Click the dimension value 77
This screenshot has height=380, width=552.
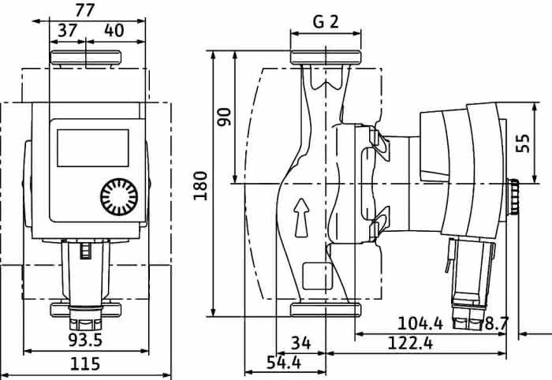coord(85,9)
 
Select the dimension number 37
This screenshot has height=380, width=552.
coord(67,31)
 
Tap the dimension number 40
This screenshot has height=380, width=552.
coord(114,31)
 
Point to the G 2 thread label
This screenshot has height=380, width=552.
coord(326,22)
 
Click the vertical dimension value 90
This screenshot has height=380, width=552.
coord(224,117)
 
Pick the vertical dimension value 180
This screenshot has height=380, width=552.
coord(200,185)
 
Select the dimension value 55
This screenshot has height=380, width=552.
coord(523,143)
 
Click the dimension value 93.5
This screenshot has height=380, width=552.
coord(85,340)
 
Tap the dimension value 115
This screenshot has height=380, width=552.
coord(85,363)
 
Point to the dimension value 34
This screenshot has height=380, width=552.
coord(301,343)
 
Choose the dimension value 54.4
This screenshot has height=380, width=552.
coord(284,363)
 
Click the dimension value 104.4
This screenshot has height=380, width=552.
coord(420,323)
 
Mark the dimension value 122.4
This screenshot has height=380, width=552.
coord(410,343)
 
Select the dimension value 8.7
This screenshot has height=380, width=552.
coord(496,323)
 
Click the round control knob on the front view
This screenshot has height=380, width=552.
coord(119,197)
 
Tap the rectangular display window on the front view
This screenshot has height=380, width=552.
coord(93,148)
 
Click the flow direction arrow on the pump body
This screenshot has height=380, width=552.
coord(301,218)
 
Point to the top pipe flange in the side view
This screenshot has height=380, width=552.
coord(326,58)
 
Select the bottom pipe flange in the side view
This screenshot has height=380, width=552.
coord(326,310)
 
